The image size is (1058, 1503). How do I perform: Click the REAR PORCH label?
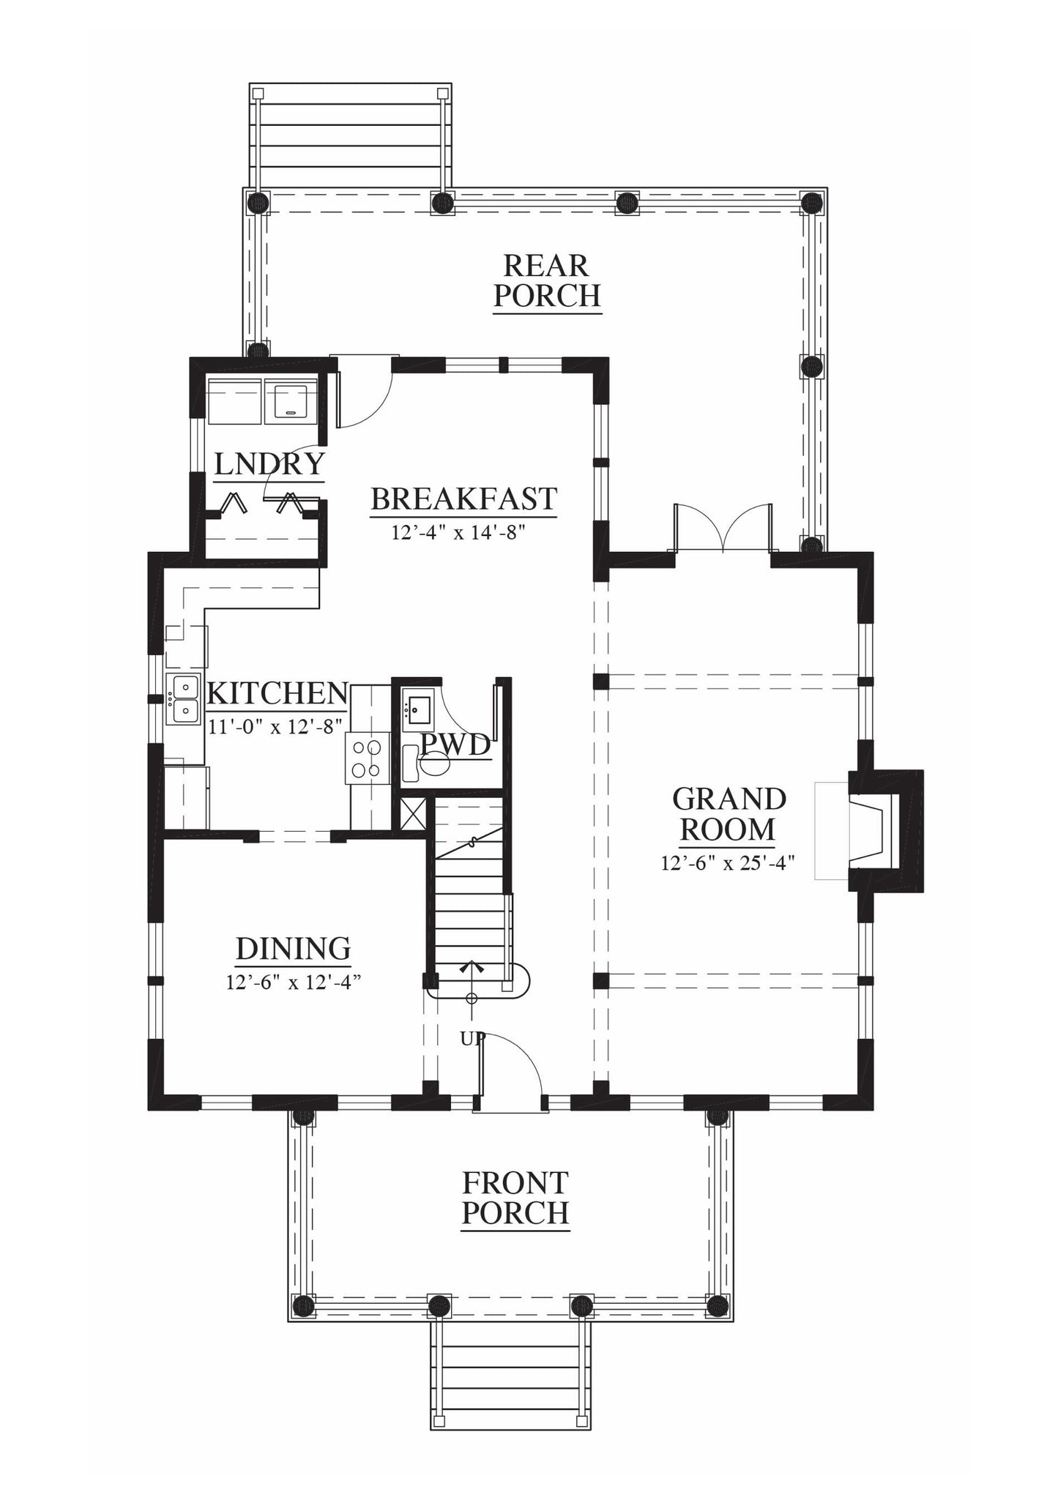[x=547, y=280]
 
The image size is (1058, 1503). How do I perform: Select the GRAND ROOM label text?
[x=729, y=814]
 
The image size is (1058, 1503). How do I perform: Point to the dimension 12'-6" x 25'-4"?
[x=728, y=864]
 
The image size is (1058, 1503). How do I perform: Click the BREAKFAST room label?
[x=464, y=499]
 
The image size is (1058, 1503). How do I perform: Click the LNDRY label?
[x=269, y=464]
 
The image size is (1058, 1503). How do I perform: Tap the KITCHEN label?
[x=277, y=693]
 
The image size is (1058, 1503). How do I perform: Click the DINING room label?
[x=293, y=949]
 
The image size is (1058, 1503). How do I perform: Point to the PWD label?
[x=455, y=745]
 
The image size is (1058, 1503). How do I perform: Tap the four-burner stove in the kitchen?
[x=367, y=758]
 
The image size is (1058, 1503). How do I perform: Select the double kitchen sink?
[x=183, y=699]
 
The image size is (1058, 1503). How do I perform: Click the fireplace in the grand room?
[x=884, y=831]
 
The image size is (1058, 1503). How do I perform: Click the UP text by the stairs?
[x=473, y=1038]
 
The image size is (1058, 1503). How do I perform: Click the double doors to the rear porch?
[x=723, y=526]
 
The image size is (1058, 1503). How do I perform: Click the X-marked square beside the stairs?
[x=412, y=814]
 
